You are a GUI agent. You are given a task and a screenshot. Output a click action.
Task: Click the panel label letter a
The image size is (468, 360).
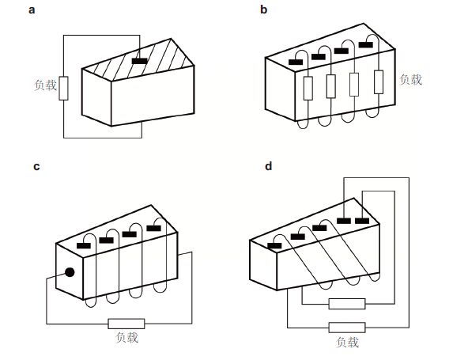(x=32, y=10)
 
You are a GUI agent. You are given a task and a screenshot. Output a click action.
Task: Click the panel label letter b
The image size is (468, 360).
(x=263, y=9)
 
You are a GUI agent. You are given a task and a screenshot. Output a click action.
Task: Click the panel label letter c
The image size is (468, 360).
(x=36, y=166)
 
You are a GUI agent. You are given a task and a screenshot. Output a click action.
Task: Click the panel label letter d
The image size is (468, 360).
(x=269, y=166)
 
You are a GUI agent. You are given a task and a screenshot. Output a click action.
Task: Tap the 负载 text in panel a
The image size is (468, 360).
(x=45, y=85)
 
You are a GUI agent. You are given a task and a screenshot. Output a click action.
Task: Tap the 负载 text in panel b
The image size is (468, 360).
(x=411, y=79)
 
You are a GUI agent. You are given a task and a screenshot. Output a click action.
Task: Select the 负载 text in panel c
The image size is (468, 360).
(x=126, y=337)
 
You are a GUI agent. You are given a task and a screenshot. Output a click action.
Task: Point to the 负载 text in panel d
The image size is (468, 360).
(x=347, y=342)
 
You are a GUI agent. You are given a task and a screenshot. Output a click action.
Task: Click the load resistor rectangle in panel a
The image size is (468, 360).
(x=63, y=88)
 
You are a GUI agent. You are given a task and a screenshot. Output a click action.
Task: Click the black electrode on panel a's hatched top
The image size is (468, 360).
(x=139, y=61)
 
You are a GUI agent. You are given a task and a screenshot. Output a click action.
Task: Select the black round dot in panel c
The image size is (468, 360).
(x=70, y=272)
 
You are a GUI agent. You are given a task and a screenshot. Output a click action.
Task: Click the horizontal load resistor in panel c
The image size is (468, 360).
(x=126, y=324)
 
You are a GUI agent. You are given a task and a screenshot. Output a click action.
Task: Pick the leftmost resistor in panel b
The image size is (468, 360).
(x=308, y=88)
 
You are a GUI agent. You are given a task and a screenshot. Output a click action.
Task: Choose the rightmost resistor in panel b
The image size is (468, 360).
(x=379, y=82)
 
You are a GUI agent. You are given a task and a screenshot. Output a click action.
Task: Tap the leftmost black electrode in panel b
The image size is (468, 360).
(x=296, y=63)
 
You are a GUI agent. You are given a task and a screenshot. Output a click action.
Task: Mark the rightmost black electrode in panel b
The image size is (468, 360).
(x=365, y=45)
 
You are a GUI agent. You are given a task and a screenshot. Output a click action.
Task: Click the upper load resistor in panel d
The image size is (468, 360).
(x=347, y=304)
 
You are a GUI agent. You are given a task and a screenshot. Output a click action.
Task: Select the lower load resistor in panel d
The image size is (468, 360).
(x=347, y=328)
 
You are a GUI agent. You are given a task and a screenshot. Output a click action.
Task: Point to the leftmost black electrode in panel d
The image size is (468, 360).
(x=274, y=245)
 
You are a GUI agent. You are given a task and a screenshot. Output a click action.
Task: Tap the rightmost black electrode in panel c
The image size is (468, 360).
(x=153, y=228)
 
